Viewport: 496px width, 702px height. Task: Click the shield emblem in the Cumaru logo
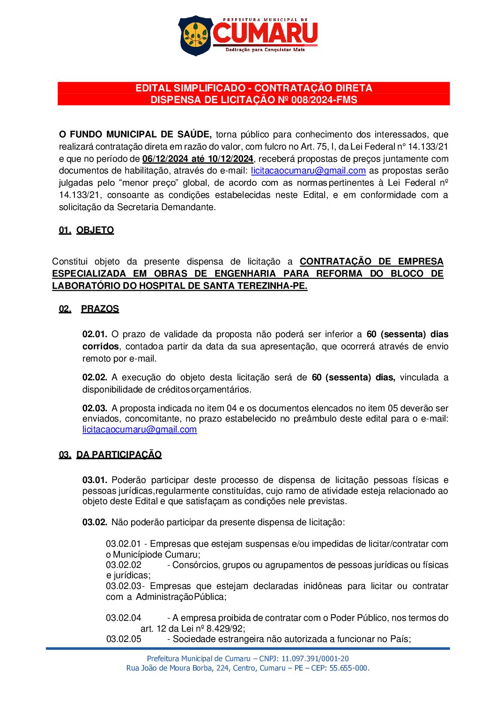(x=195, y=35)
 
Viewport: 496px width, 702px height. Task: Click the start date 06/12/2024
(x=165, y=159)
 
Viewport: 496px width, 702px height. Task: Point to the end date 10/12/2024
(x=230, y=159)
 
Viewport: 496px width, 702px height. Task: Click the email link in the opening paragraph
(x=308, y=171)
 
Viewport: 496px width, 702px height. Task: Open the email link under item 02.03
(x=140, y=430)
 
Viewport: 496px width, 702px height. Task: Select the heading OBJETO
(x=95, y=230)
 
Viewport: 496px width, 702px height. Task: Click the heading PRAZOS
(x=100, y=309)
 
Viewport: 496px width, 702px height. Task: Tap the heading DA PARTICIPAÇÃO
(x=119, y=455)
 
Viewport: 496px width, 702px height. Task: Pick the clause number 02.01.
(x=95, y=334)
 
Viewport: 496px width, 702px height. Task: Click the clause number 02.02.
(x=95, y=377)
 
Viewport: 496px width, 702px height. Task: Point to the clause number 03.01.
(x=95, y=480)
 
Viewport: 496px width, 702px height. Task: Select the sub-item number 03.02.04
(x=123, y=618)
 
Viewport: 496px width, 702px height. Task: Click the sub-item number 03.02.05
(x=124, y=639)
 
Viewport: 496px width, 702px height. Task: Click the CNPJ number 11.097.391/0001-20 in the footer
(x=315, y=659)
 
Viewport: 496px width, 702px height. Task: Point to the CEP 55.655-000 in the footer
(x=348, y=668)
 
